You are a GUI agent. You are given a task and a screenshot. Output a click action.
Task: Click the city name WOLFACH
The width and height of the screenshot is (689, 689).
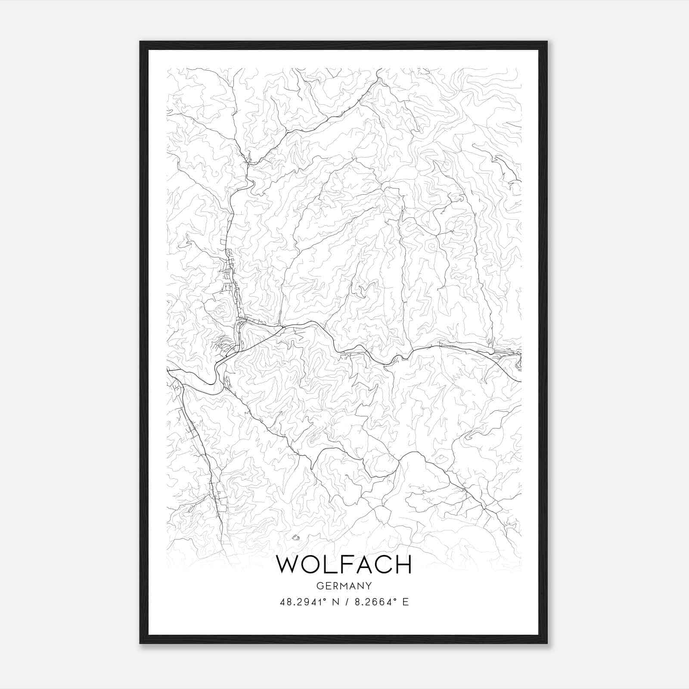pos(344,565)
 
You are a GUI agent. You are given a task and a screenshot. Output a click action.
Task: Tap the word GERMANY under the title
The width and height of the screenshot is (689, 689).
pos(344,586)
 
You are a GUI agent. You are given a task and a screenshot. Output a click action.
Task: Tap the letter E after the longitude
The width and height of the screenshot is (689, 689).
pos(405,602)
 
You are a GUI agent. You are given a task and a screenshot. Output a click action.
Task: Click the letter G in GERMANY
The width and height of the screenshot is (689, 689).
pos(319,586)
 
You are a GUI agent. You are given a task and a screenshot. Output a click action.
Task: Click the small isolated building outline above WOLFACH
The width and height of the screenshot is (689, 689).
pos(295,537)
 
